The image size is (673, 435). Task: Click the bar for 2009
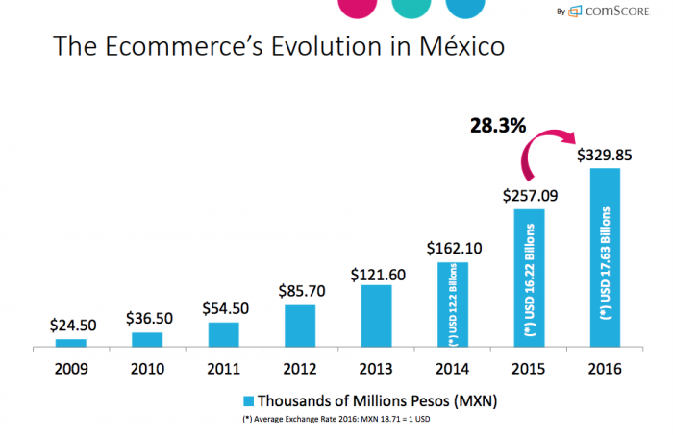70,342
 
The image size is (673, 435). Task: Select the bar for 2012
300,326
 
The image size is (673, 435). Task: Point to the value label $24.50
70,326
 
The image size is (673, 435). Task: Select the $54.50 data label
223,309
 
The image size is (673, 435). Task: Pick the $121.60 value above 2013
377,273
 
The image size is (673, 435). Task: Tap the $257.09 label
529,195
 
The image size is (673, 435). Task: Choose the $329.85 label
605,154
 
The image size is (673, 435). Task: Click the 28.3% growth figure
496,126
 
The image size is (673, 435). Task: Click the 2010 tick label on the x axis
146,367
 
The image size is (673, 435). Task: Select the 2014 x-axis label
453,367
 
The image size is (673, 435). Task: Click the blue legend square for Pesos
249,400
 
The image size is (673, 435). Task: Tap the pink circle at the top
358,8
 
